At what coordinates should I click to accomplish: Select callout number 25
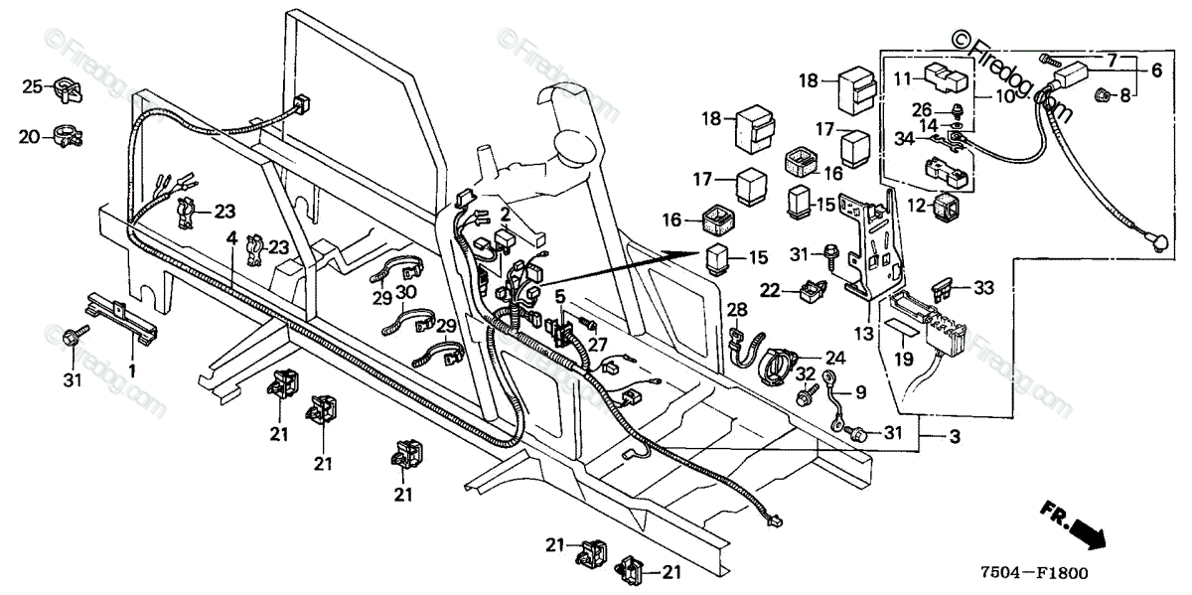(x=33, y=87)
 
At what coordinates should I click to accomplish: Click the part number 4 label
(x=231, y=237)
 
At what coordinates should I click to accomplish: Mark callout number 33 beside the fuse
(x=984, y=288)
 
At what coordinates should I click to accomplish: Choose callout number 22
(x=770, y=289)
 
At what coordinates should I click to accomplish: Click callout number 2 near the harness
(x=505, y=213)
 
